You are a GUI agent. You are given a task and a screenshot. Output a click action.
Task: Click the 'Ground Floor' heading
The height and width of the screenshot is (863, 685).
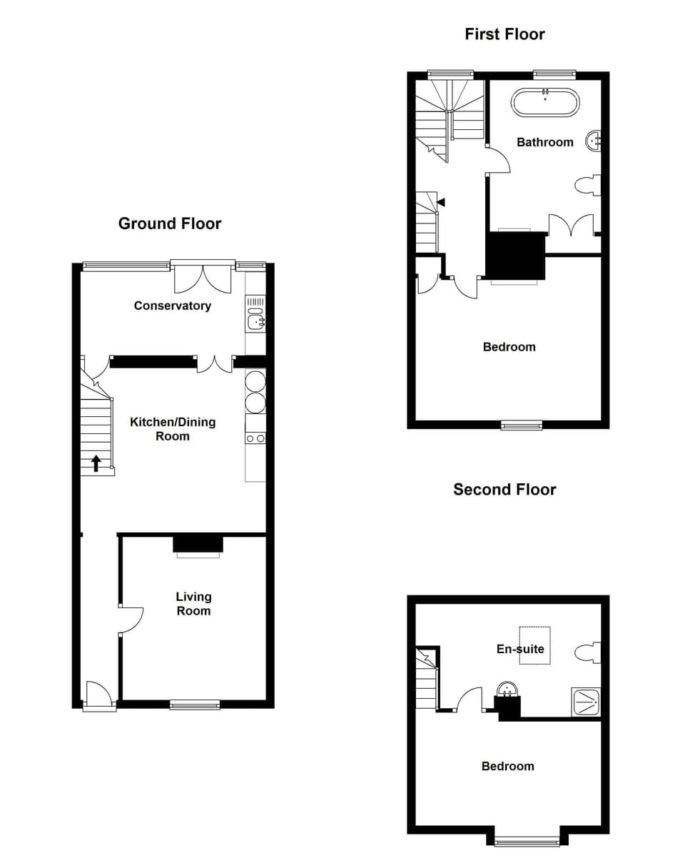tap(170, 223)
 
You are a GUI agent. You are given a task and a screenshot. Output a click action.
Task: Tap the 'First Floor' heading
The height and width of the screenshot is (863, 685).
tap(504, 34)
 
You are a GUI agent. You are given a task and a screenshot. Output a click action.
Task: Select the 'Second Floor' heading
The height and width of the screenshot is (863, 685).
tap(504, 489)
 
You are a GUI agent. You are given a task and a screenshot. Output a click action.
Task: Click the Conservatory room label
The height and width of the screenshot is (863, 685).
tap(173, 306)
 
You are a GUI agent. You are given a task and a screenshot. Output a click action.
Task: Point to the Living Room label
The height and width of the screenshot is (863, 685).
tap(193, 603)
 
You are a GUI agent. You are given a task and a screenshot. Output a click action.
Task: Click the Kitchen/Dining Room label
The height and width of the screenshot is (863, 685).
tap(173, 428)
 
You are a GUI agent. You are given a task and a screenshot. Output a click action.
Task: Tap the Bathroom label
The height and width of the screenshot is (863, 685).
tap(545, 142)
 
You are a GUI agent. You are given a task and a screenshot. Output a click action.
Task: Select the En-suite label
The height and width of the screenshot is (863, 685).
tap(520, 649)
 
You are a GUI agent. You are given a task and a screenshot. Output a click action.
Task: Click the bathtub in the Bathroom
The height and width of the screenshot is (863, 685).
tap(545, 102)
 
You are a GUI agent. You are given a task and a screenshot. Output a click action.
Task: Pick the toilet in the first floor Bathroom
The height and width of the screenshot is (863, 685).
tap(588, 186)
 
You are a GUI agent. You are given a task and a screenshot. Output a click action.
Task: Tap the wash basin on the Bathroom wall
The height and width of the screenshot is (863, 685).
tap(594, 141)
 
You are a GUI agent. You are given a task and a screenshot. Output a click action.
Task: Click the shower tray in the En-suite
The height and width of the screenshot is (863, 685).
tap(586, 702)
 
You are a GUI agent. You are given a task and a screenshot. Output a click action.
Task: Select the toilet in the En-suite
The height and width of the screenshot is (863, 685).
tap(588, 652)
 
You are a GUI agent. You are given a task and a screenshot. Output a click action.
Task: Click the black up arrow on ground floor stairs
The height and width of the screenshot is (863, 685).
tap(96, 463)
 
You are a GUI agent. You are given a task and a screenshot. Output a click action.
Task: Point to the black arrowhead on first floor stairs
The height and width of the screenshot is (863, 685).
tap(441, 202)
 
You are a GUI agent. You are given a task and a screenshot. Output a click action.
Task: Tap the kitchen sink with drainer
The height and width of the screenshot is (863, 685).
tap(255, 315)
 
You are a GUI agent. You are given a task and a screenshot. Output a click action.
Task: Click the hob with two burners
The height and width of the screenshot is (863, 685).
tap(255, 438)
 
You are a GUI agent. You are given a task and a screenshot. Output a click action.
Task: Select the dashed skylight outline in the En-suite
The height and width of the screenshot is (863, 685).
tap(534, 645)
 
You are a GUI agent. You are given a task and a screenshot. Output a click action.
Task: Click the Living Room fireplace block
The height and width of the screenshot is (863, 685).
tap(198, 544)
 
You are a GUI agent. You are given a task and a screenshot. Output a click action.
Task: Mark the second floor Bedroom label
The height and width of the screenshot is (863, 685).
tap(507, 766)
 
